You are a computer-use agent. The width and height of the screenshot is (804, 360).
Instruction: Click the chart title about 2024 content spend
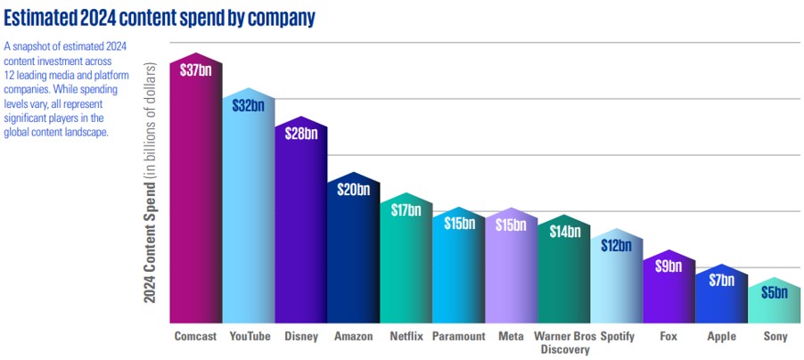pos(160,17)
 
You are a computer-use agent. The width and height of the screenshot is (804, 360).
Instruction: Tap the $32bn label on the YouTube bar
pos(248,105)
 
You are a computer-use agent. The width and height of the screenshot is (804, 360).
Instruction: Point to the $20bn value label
pos(353,189)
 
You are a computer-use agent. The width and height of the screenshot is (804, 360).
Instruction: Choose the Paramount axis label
pos(458,337)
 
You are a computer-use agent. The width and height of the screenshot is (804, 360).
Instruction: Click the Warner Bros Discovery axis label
pos(564,342)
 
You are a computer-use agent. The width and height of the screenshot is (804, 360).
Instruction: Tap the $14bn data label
pos(564,232)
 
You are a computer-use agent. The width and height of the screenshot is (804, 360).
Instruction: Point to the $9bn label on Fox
pos(669,265)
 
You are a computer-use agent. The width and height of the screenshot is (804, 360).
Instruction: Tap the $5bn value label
pos(775,292)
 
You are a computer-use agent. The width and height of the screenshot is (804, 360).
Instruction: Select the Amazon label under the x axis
pos(353,337)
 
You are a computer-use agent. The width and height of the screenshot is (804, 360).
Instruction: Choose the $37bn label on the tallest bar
pos(194,70)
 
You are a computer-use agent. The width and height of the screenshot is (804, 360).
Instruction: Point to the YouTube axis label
pos(248,337)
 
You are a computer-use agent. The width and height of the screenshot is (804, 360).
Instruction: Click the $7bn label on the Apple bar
pos(722,280)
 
